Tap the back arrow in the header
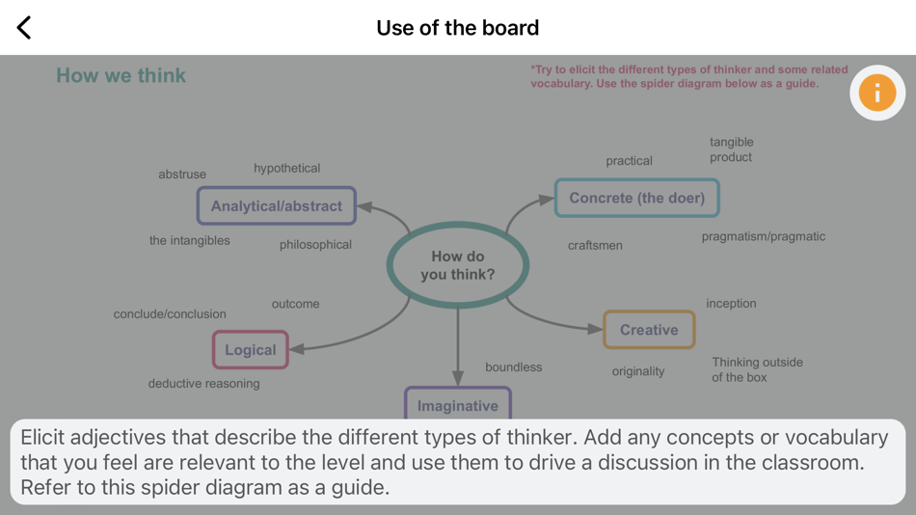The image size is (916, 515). [x=24, y=27]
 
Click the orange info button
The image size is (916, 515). [x=876, y=93]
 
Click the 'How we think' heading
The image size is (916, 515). [x=121, y=75]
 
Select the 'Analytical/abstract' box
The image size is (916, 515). [x=277, y=205]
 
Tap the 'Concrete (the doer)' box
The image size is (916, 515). [x=636, y=198]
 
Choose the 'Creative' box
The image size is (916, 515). [x=649, y=330]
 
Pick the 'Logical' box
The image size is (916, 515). [x=251, y=349]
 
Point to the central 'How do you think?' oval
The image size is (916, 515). [x=458, y=265]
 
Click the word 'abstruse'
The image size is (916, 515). [x=182, y=175]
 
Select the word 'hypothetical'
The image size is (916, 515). [x=287, y=168]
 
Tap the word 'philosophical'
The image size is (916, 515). [x=315, y=245]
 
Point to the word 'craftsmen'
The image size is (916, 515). [x=595, y=245]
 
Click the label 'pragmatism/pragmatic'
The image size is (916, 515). [x=763, y=236]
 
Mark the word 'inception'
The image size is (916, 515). [x=731, y=303]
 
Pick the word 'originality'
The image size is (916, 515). [x=638, y=371]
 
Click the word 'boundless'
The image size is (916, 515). [x=513, y=367]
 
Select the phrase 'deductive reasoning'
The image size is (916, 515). [x=203, y=384]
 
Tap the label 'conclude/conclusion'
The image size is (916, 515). [x=170, y=314]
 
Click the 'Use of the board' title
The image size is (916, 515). [x=457, y=27]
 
